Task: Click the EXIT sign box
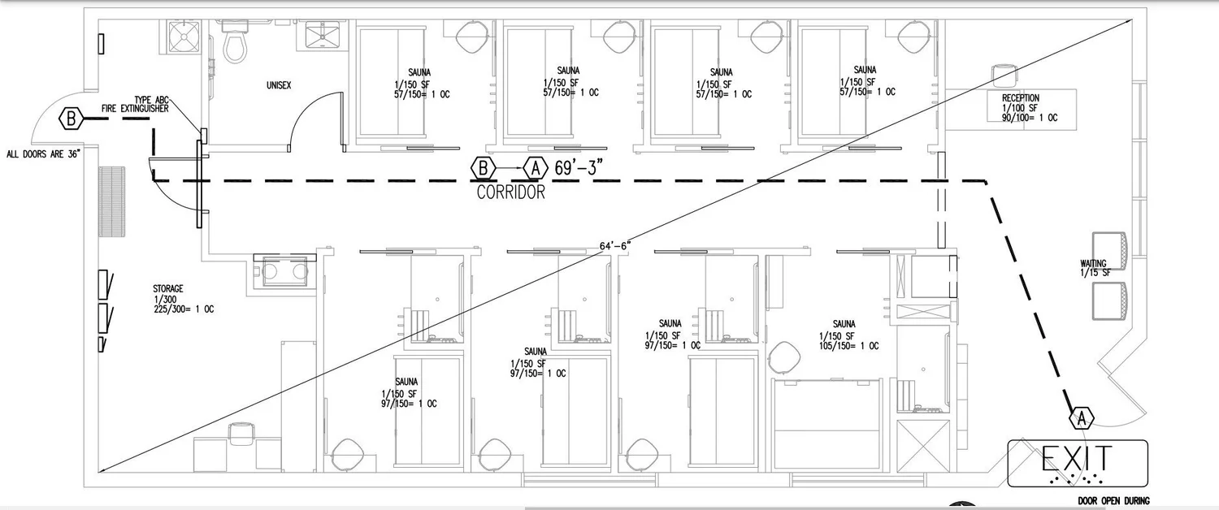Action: [x=1078, y=464]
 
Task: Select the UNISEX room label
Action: [x=279, y=85]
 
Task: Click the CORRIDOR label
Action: [x=510, y=193]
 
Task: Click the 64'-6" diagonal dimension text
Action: [x=615, y=245]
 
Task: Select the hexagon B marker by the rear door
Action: [x=72, y=119]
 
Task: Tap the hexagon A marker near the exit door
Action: [x=1082, y=418]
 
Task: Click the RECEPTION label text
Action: [x=1021, y=98]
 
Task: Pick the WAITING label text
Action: [x=1093, y=263]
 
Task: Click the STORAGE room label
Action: [x=167, y=289]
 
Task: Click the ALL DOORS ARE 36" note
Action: [x=44, y=153]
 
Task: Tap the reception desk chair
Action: [x=1004, y=75]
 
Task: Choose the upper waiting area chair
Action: [x=1109, y=251]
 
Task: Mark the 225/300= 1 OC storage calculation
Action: [x=183, y=309]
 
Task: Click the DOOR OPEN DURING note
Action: [x=1113, y=501]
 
